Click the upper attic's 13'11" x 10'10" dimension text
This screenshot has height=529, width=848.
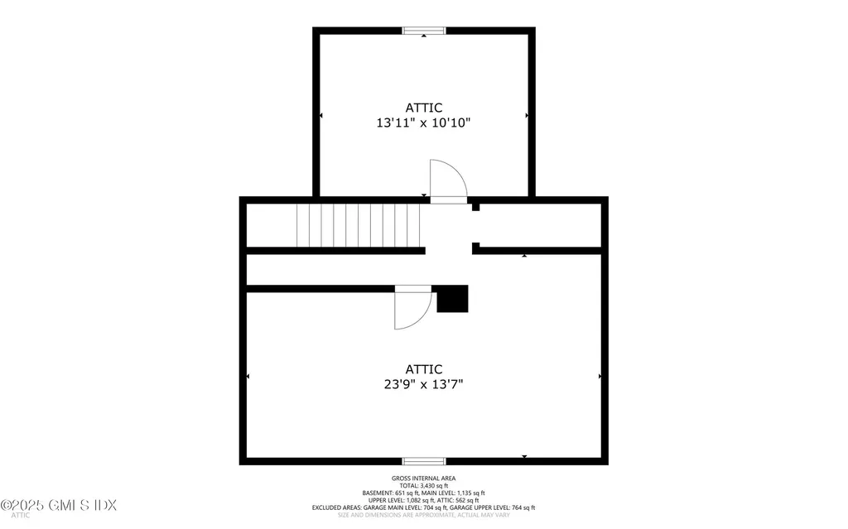pyautogui.click(x=423, y=123)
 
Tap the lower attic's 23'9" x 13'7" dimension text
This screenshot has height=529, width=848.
pyautogui.click(x=423, y=384)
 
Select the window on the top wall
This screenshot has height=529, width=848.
pyautogui.click(x=424, y=31)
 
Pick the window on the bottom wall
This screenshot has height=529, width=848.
pyautogui.click(x=424, y=461)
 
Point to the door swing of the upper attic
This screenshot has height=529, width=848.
pyautogui.click(x=447, y=180)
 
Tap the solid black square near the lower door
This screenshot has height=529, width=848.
pyautogui.click(x=452, y=299)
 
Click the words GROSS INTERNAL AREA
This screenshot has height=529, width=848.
pyautogui.click(x=423, y=479)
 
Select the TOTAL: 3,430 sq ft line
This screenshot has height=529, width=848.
pyautogui.click(x=423, y=485)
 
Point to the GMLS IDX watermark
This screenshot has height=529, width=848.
pyautogui.click(x=60, y=504)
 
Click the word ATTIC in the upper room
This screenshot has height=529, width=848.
pyautogui.click(x=423, y=108)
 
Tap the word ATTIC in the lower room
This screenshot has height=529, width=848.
pyautogui.click(x=423, y=369)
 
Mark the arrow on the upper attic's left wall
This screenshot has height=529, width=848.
pyautogui.click(x=320, y=115)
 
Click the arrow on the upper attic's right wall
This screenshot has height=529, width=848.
pyautogui.click(x=527, y=115)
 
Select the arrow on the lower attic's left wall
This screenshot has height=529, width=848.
pyautogui.click(x=248, y=377)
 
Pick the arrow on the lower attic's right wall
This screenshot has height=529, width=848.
pyautogui.click(x=600, y=377)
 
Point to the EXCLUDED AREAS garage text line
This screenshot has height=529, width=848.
pyautogui.click(x=423, y=507)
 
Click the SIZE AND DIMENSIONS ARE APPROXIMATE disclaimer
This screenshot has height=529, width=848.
pyautogui.click(x=423, y=515)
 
